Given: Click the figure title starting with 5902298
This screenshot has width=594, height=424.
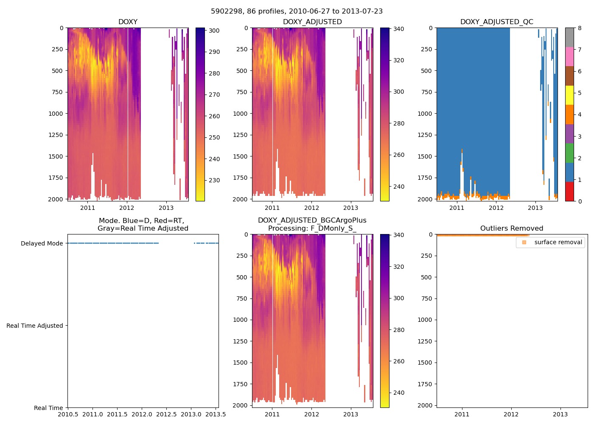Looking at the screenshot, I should (297, 11).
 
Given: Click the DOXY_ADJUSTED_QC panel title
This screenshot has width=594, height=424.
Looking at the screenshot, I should (497, 22).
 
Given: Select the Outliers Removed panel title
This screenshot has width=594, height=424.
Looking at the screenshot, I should (512, 229).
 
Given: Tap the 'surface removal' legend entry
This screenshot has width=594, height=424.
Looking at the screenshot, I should (558, 243).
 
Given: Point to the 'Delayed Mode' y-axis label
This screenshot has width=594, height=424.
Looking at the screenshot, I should (42, 243).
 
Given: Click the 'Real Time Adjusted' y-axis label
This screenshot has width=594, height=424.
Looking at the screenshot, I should (35, 326).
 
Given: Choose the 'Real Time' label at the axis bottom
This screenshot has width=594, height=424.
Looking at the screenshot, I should (48, 408).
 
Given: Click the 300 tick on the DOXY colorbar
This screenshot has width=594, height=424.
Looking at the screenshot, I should (214, 31).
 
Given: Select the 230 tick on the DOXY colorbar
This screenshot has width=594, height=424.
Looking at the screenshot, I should (214, 180).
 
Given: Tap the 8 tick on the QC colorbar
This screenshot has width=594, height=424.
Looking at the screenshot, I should (580, 28).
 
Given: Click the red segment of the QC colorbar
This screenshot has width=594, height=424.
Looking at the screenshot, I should (569, 192).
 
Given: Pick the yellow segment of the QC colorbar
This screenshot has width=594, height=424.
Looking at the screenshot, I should (569, 95).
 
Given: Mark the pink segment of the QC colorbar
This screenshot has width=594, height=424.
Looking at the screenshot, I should (569, 57).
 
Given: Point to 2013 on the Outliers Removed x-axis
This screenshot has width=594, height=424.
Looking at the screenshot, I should (560, 414).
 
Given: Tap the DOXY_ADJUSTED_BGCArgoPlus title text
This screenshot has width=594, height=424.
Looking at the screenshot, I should (312, 220).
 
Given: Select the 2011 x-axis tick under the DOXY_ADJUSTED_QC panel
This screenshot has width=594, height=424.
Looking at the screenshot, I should (457, 208).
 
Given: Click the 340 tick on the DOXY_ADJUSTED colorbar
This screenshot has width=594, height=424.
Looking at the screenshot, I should (398, 29).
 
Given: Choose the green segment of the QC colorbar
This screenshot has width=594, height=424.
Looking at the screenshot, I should (569, 153).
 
